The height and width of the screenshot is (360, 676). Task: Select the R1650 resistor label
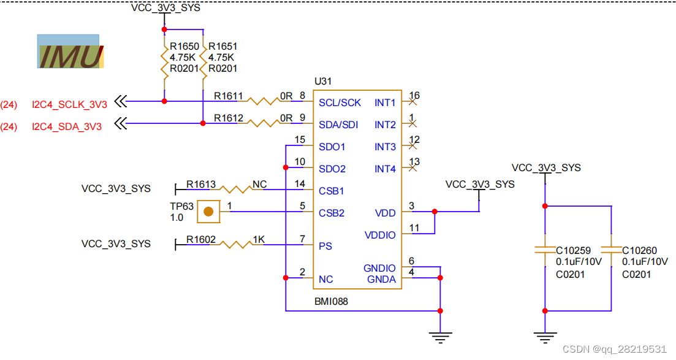(x=184, y=47)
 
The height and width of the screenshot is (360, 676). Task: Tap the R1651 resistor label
(x=222, y=47)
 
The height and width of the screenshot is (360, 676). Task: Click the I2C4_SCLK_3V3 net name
(x=69, y=104)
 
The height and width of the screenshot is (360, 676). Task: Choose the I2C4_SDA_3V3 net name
(x=67, y=126)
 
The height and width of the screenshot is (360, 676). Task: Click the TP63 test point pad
(x=209, y=212)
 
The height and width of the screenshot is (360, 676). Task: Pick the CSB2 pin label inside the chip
(x=331, y=213)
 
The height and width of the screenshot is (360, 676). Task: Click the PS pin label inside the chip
(x=325, y=246)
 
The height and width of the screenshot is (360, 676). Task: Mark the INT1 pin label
(x=385, y=102)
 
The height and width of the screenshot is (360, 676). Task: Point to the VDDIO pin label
(x=380, y=235)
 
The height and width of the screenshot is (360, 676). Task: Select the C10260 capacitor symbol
(x=611, y=250)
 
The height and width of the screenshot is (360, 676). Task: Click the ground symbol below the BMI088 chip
(x=439, y=335)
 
